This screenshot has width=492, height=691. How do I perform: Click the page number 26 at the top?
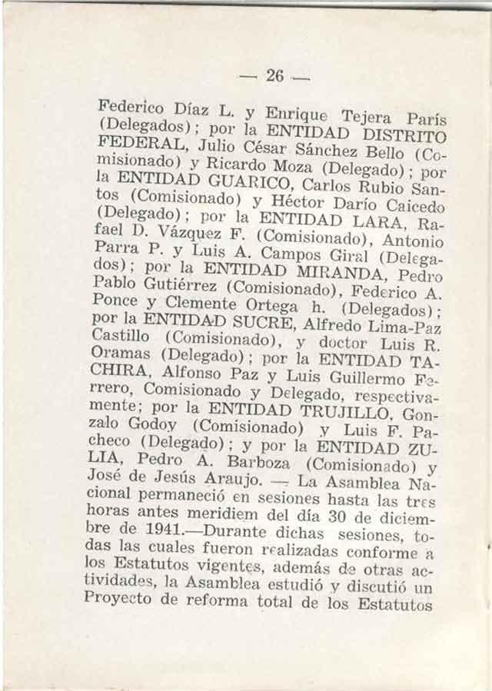pos(274,75)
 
